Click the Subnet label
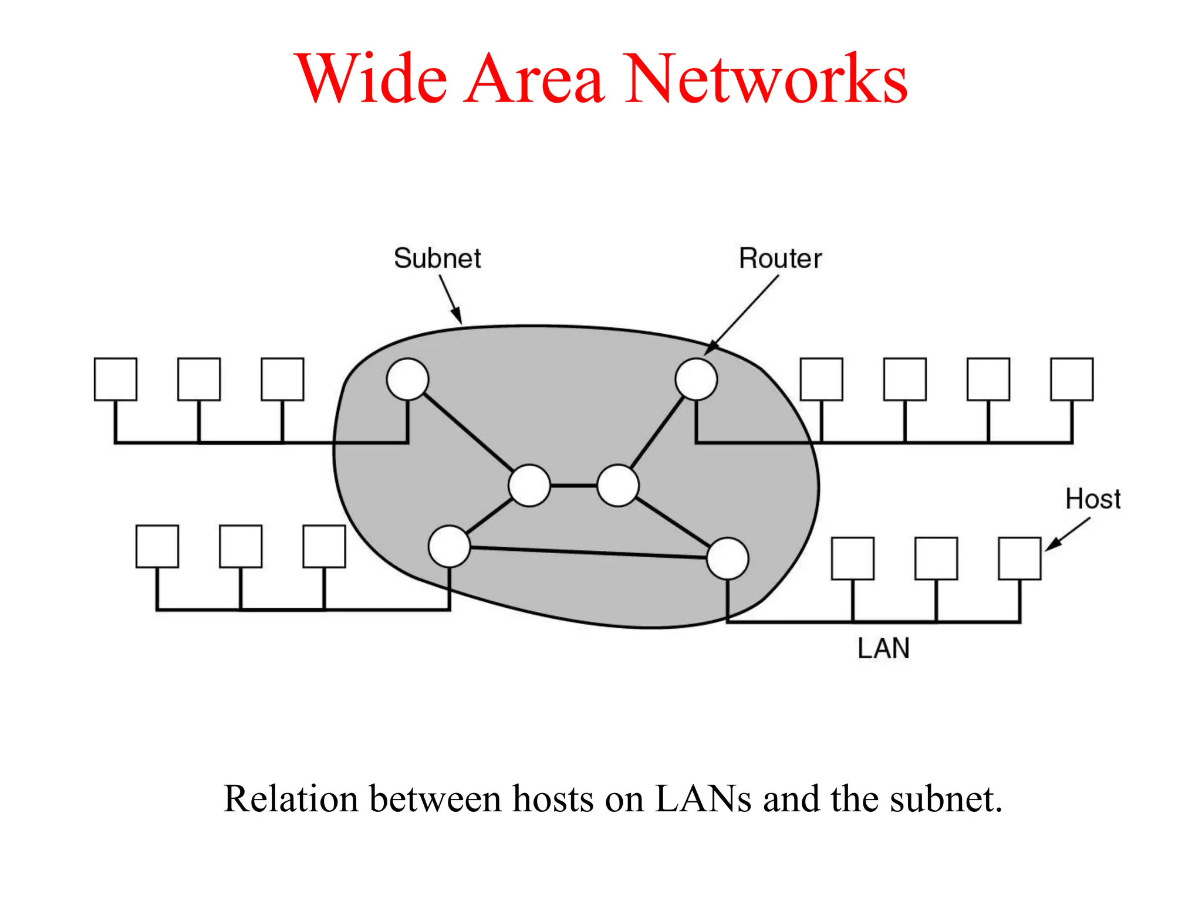tap(437, 259)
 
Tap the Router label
tap(780, 259)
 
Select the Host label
tap(1093, 499)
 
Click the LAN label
tap(883, 649)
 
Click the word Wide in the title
tap(373, 79)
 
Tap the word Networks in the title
tap(766, 79)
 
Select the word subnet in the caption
tap(945, 799)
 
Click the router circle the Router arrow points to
tap(696, 380)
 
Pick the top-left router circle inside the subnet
tap(407, 380)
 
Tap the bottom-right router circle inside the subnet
tap(728, 558)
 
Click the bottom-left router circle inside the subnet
tap(450, 546)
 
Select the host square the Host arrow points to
tap(1019, 558)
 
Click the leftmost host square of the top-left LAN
tap(116, 380)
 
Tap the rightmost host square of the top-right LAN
tap(1072, 380)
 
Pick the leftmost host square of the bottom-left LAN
tap(157, 546)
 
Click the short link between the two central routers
tap(573, 486)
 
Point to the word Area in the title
tap(534, 79)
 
